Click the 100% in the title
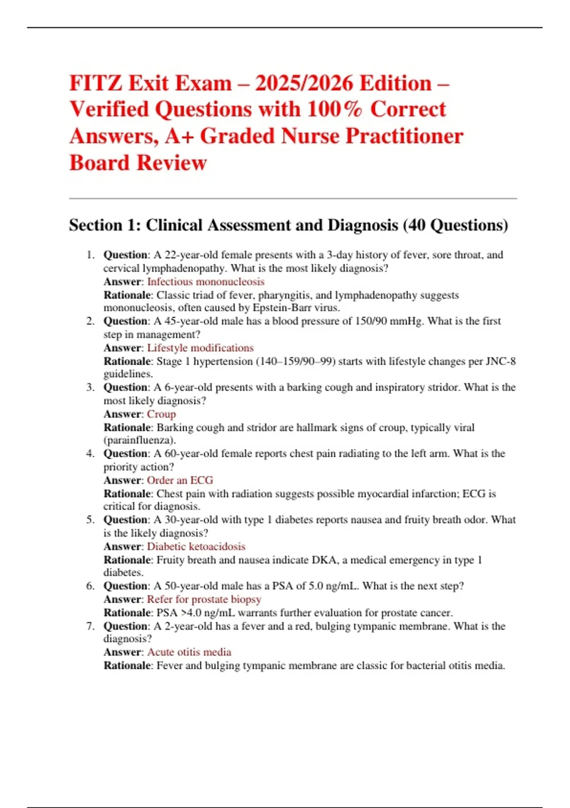pos(334,110)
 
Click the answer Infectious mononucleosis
pos(206,282)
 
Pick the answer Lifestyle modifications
pos(200,348)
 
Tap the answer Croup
pos(161,414)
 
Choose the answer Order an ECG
pos(180,480)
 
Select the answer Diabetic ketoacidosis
pos(196,547)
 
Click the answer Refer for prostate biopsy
pos(204,599)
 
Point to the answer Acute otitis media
pos(189,652)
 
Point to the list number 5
pos(90,519)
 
